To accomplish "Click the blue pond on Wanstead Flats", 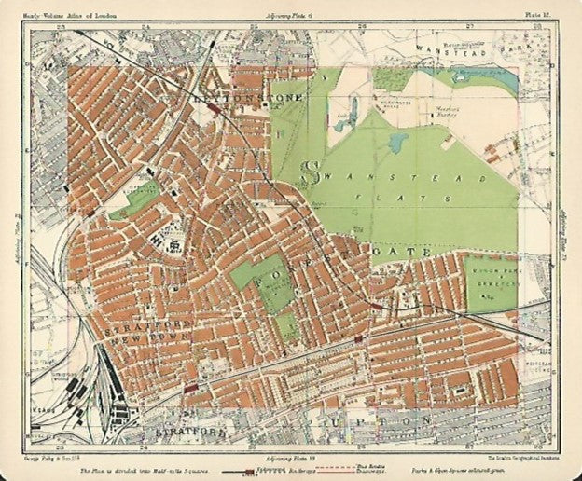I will pyautogui.click(x=398, y=143).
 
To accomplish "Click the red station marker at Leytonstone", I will pyautogui.click(x=215, y=107).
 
